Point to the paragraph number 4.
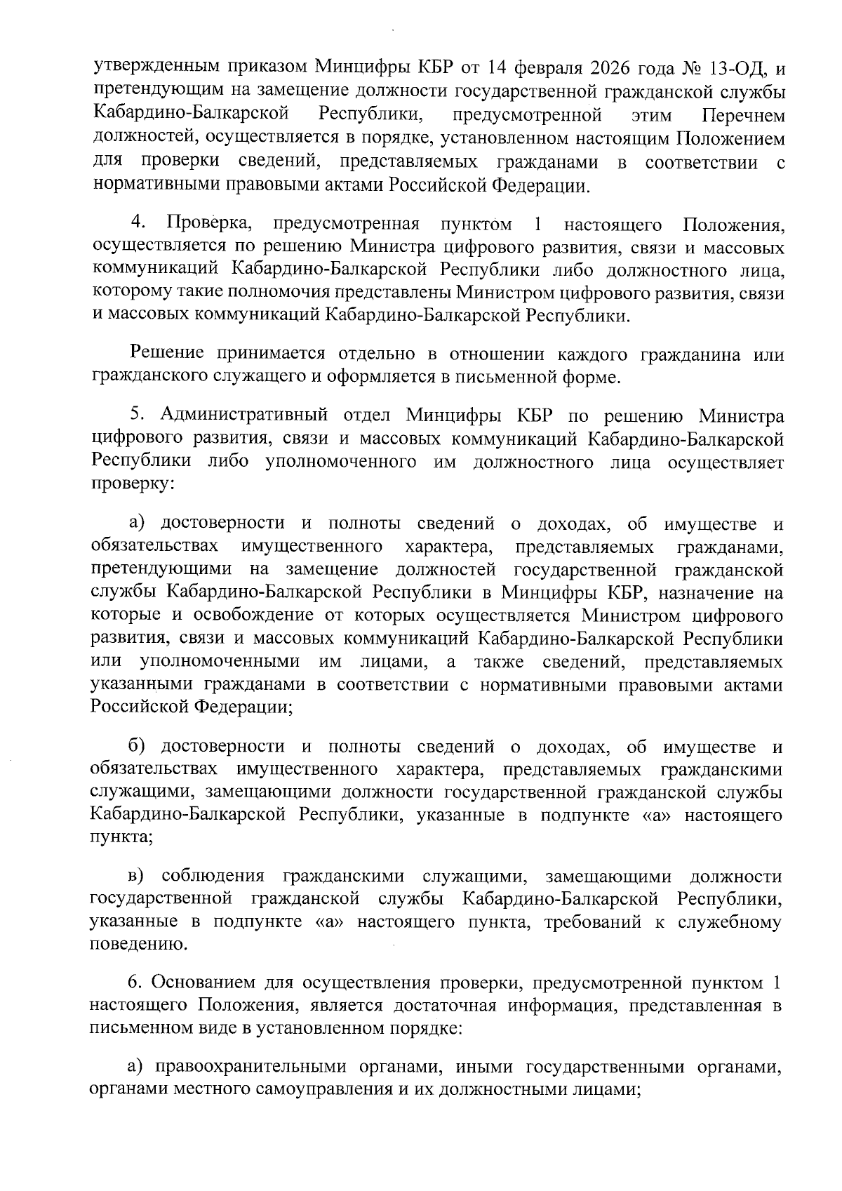point(138,224)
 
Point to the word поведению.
point(129,944)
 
